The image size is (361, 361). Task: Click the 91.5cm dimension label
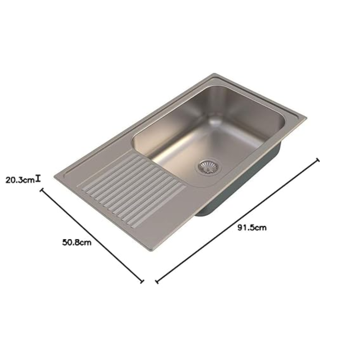pyautogui.click(x=252, y=228)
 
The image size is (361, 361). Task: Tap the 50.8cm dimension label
pyautogui.click(x=77, y=242)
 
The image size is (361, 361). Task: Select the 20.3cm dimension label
pyautogui.click(x=20, y=180)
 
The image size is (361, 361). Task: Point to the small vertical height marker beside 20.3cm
pyautogui.click(x=38, y=178)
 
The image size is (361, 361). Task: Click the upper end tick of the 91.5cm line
pyautogui.click(x=318, y=160)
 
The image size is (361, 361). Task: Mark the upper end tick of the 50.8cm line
pyautogui.click(x=42, y=190)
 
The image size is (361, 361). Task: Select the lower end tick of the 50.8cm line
pyautogui.click(x=142, y=281)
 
